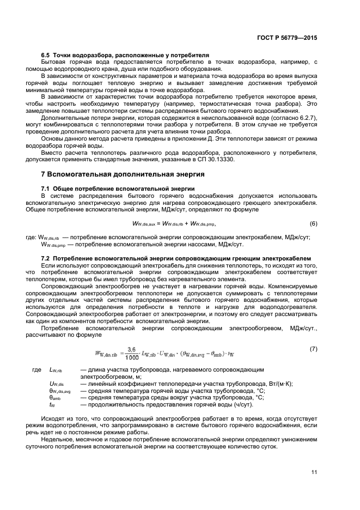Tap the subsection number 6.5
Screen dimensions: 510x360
tap(46, 56)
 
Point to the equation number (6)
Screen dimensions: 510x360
tap(313, 224)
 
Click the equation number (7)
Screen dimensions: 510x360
tap(313, 348)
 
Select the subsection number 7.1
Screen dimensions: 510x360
tap(46, 189)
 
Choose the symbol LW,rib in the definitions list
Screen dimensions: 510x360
tap(57, 370)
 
